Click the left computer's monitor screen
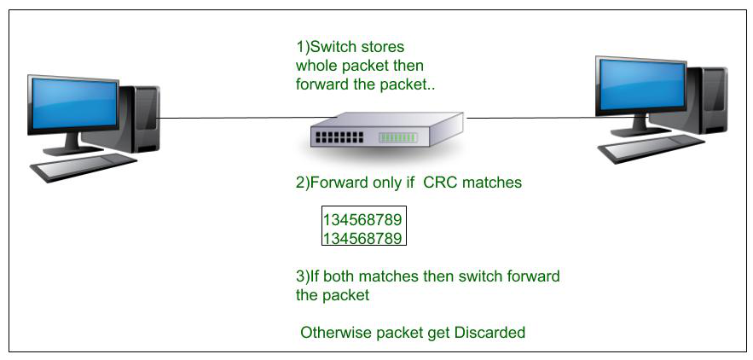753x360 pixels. click(x=72, y=100)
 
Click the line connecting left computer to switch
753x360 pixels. click(x=230, y=118)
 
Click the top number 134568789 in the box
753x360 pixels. click(x=362, y=219)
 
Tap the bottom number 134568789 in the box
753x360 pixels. click(x=362, y=237)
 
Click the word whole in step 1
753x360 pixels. click(x=316, y=66)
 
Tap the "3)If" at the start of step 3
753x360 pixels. click(x=308, y=278)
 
